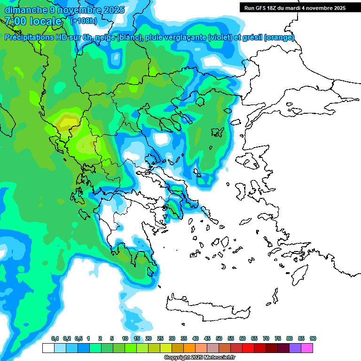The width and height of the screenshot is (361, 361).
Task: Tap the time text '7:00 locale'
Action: pos(33,21)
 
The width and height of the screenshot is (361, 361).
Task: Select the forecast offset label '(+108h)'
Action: pos(84,21)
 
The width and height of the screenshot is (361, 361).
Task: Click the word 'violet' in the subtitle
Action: pos(220,38)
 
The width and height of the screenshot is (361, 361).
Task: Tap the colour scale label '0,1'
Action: pos(55,338)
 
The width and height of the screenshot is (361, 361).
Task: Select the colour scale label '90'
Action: pos(313,338)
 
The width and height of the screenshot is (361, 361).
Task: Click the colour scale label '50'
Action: pos(219,338)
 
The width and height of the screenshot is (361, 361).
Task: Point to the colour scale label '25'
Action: pos(160,338)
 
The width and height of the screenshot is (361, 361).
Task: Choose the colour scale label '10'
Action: pos(125,338)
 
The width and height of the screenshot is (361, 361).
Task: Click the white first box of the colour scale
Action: pos(48,348)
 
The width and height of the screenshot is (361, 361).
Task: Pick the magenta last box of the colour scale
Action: pos(307,348)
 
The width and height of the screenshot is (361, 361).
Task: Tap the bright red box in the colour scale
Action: pos(248,348)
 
